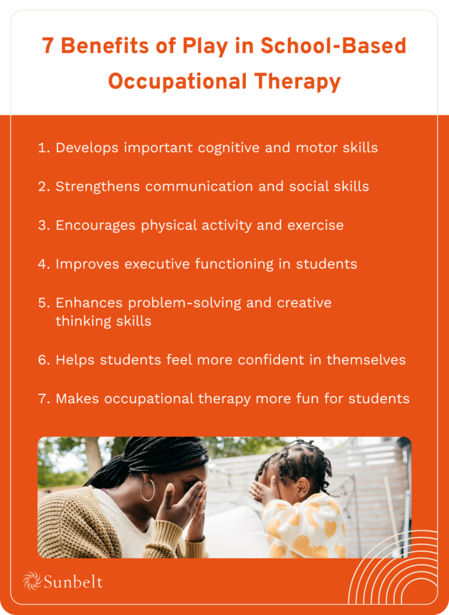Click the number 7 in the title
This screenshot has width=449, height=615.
(x=49, y=46)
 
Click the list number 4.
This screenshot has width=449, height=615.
(x=43, y=264)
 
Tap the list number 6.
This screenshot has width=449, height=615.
(x=43, y=360)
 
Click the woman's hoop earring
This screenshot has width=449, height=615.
(x=147, y=489)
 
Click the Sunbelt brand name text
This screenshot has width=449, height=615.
(x=73, y=581)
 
